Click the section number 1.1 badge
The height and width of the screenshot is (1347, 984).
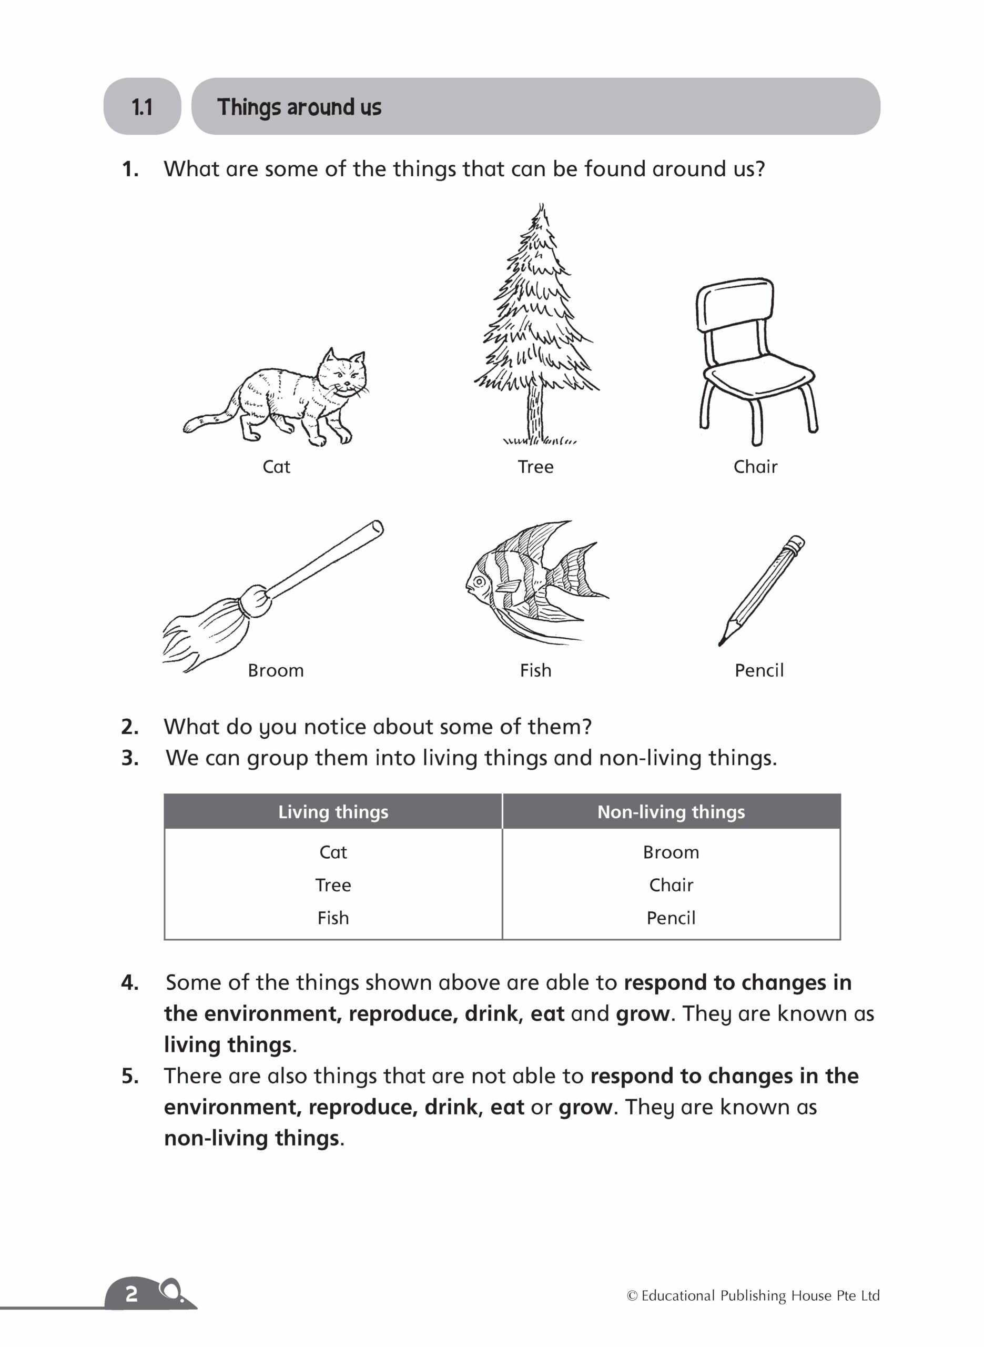tap(142, 107)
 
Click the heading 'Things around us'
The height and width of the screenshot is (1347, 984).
tap(299, 107)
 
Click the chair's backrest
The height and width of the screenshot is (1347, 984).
tap(735, 304)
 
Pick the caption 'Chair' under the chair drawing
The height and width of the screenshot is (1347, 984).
tap(755, 467)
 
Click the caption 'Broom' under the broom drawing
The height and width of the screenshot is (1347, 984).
tap(276, 670)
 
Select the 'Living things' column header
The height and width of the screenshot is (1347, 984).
tap(333, 811)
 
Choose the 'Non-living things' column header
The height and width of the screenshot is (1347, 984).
tap(671, 811)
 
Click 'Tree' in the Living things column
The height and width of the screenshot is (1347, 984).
tap(333, 884)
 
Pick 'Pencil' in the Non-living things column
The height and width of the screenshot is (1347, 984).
tap(671, 918)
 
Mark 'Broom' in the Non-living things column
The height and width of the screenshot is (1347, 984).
tap(671, 852)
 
